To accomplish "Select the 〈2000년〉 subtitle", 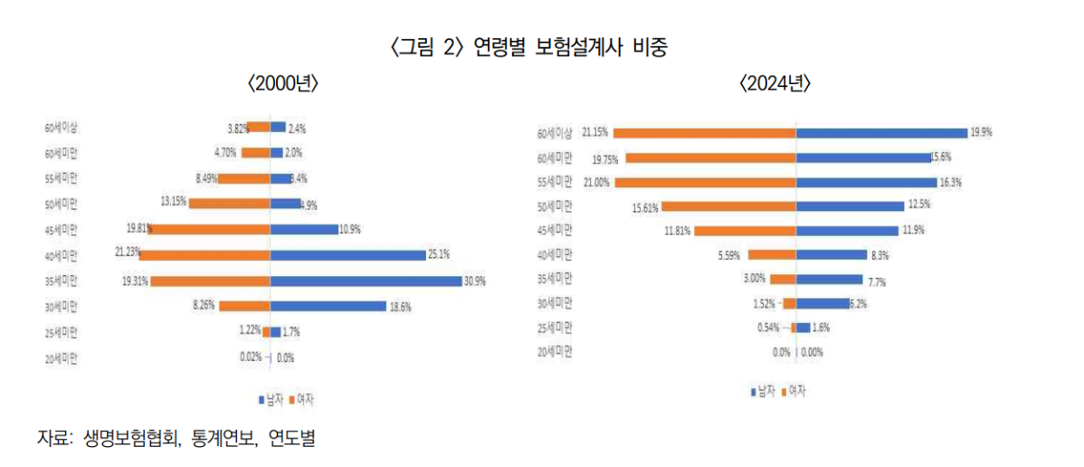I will pos(283,84).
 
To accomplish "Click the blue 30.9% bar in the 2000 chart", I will pos(366,281).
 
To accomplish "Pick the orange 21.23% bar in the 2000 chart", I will pos(204,255).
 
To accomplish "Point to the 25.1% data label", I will pos(440,255).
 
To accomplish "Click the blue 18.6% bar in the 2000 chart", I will pos(328,306).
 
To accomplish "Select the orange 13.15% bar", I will pos(230,204).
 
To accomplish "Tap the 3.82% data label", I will pos(237,128).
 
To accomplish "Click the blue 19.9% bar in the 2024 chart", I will pos(881,133).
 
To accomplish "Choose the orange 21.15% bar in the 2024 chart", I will pos(705,133).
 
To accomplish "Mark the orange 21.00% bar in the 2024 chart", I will pos(705,182).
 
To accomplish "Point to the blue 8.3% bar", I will pos(832,255).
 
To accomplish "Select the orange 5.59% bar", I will pos(772,255).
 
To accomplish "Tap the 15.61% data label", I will pos(644,207).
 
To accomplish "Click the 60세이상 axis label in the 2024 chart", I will pos(555,134).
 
